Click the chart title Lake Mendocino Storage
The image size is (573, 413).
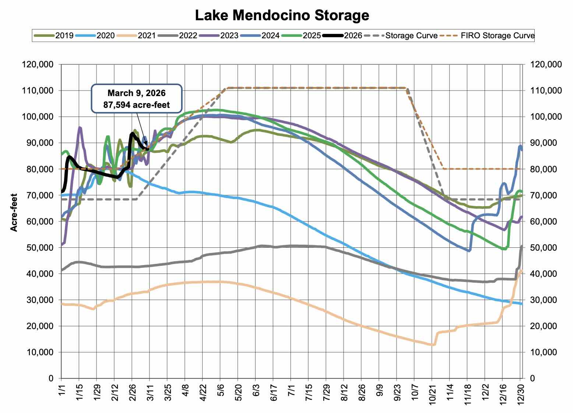tap(282, 15)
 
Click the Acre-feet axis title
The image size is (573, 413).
tap(14, 213)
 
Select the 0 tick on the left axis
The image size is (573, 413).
tap(50, 378)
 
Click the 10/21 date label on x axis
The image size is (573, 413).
tap(432, 393)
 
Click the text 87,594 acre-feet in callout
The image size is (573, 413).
tap(137, 105)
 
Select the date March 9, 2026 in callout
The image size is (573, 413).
tap(137, 93)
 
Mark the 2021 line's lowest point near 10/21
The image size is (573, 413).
tap(432, 345)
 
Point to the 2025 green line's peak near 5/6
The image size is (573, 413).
tap(217, 110)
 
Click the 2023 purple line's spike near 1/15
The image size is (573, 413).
tap(80, 128)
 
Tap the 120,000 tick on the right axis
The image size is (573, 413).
tap(545, 64)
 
